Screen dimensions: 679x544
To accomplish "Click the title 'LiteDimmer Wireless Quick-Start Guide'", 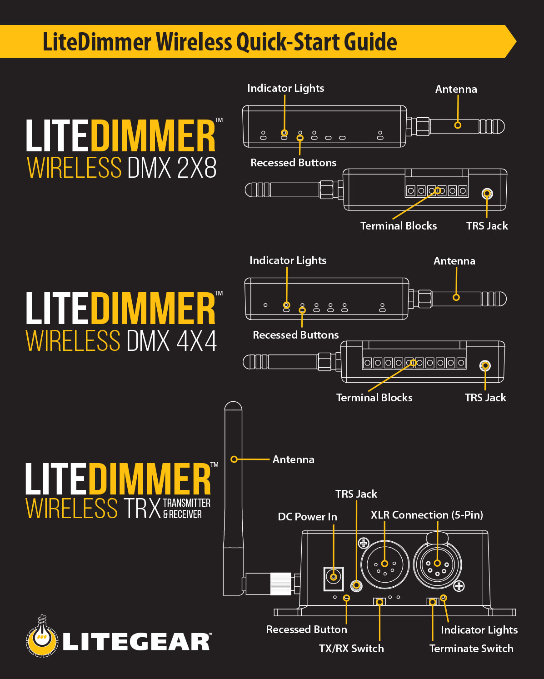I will [x=220, y=42].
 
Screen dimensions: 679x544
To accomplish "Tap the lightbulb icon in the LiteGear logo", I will [x=42, y=636].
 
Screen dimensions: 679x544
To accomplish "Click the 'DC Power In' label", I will [x=307, y=517].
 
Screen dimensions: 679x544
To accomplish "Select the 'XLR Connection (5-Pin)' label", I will [x=427, y=515].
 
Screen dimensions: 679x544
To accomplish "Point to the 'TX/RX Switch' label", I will [x=351, y=649].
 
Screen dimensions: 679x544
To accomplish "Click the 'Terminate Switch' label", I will [x=471, y=649].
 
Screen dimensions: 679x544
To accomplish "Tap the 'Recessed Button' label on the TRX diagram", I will [x=306, y=629].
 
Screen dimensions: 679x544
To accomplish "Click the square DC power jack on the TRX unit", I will [x=334, y=578].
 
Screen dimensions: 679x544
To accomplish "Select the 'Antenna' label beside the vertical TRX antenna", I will [x=293, y=459].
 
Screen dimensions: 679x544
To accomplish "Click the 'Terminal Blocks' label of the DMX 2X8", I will [x=398, y=226].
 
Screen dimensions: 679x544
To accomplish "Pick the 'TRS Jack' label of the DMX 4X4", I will [x=485, y=398].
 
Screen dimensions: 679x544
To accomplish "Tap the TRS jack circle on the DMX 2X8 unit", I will [x=487, y=194].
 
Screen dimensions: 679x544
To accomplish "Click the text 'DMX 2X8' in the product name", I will [x=172, y=168].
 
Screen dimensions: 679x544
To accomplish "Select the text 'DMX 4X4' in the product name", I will [x=172, y=341].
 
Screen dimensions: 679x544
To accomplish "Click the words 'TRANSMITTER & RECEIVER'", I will [x=186, y=509].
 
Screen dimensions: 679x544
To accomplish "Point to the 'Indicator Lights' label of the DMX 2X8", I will [x=285, y=88].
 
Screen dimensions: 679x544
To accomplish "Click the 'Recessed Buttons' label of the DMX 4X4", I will [x=295, y=335].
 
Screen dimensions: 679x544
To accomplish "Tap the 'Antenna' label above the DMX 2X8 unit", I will [x=456, y=89].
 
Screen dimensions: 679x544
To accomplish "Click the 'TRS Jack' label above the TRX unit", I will [x=356, y=494].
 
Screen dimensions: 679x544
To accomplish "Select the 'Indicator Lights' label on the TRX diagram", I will [x=479, y=630].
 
